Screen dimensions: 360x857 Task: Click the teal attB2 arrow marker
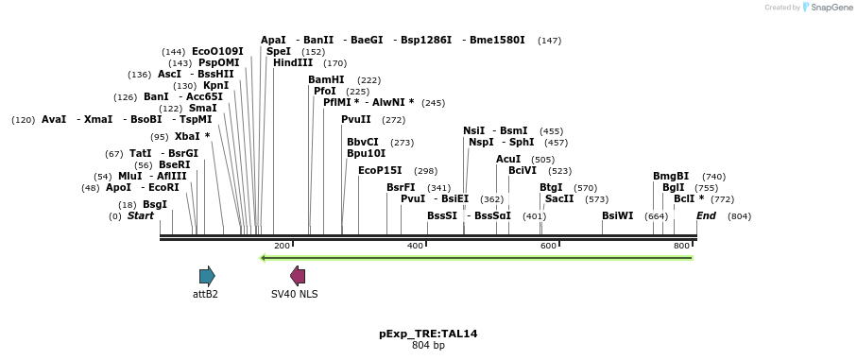coord(207,276)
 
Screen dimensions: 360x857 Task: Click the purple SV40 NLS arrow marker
coord(298,276)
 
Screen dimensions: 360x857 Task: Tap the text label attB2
coord(205,294)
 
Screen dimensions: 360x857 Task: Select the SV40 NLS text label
coord(295,294)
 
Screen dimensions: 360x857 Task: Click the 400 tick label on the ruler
coord(415,246)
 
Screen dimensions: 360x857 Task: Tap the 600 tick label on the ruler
coord(548,246)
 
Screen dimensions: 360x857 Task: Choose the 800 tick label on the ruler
coord(681,246)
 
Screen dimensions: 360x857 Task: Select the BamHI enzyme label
coord(326,79)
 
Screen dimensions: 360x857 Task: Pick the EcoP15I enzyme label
coord(380,171)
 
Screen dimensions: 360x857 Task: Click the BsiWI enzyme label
coord(618,215)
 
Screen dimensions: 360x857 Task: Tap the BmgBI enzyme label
coord(671,176)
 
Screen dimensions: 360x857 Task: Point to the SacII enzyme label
coord(559,199)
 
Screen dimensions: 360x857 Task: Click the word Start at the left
coord(140,216)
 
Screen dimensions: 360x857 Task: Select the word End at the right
coord(706,216)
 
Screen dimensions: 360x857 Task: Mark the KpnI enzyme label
coord(215,85)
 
